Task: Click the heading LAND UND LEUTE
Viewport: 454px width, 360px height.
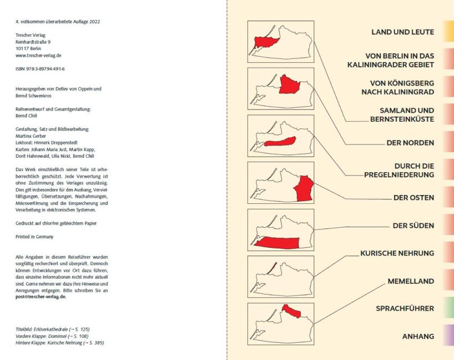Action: [x=403, y=32]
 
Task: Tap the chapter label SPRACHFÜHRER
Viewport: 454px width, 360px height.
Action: [x=405, y=308]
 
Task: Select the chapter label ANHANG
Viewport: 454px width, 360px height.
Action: [x=418, y=336]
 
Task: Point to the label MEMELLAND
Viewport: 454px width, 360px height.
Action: [x=411, y=281]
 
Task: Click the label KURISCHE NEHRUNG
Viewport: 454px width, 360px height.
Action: [x=397, y=253]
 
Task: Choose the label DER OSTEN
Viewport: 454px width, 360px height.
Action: [x=413, y=198]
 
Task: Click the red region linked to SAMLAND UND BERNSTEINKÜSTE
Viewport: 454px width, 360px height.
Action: [x=266, y=43]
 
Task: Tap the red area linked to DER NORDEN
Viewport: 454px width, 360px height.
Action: [x=290, y=84]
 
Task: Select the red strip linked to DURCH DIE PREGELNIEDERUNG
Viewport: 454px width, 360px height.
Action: [x=280, y=142]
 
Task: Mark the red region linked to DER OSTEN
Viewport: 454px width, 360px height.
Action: [x=304, y=189]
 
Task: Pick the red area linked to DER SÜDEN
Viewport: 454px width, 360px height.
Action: [x=277, y=243]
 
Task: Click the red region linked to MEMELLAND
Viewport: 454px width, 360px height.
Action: [x=291, y=311]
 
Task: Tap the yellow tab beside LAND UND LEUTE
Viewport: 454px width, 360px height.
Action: [x=448, y=32]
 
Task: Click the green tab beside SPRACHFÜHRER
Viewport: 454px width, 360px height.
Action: [x=448, y=308]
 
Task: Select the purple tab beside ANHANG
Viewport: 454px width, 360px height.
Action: [x=448, y=336]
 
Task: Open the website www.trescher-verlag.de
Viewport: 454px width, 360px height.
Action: [x=38, y=56]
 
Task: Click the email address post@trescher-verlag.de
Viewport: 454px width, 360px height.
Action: [x=41, y=297]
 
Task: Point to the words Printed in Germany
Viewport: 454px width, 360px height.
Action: [x=34, y=237]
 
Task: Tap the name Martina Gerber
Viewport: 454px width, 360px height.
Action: [x=31, y=136]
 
